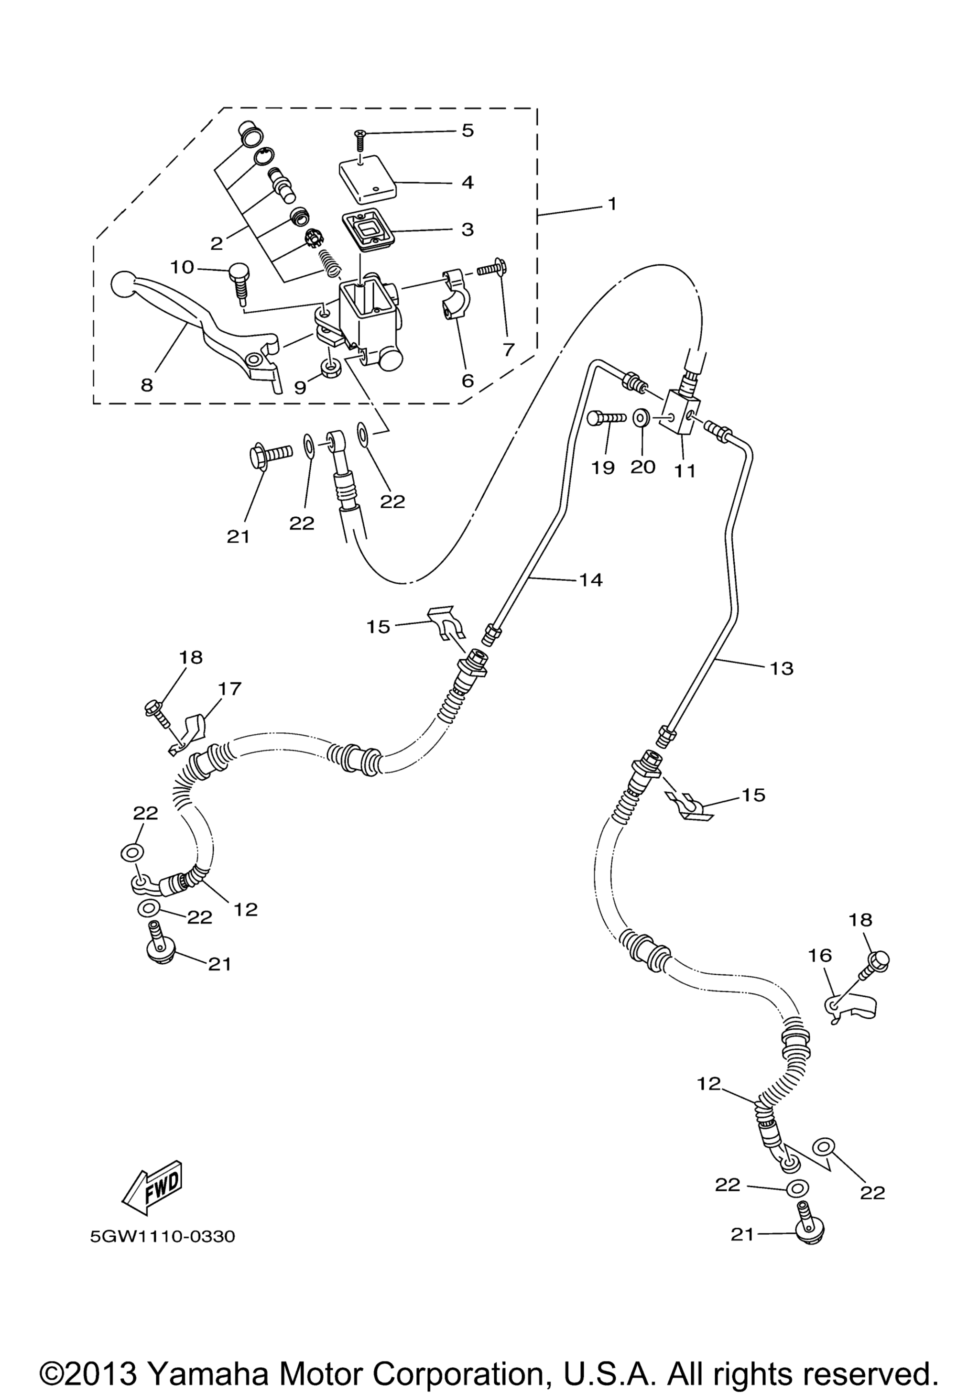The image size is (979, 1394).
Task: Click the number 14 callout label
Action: [x=590, y=580]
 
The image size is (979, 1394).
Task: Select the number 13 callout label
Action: [x=782, y=668]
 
